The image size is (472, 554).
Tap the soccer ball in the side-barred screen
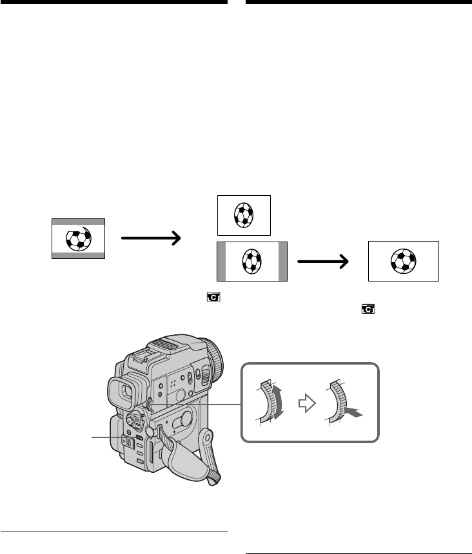click(251, 262)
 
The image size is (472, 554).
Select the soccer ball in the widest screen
click(403, 261)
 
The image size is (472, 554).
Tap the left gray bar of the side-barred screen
click(222, 262)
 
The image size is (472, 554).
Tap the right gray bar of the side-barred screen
click(282, 262)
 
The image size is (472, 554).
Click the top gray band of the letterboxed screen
click(78, 221)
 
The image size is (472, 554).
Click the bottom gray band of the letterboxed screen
click(78, 255)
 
